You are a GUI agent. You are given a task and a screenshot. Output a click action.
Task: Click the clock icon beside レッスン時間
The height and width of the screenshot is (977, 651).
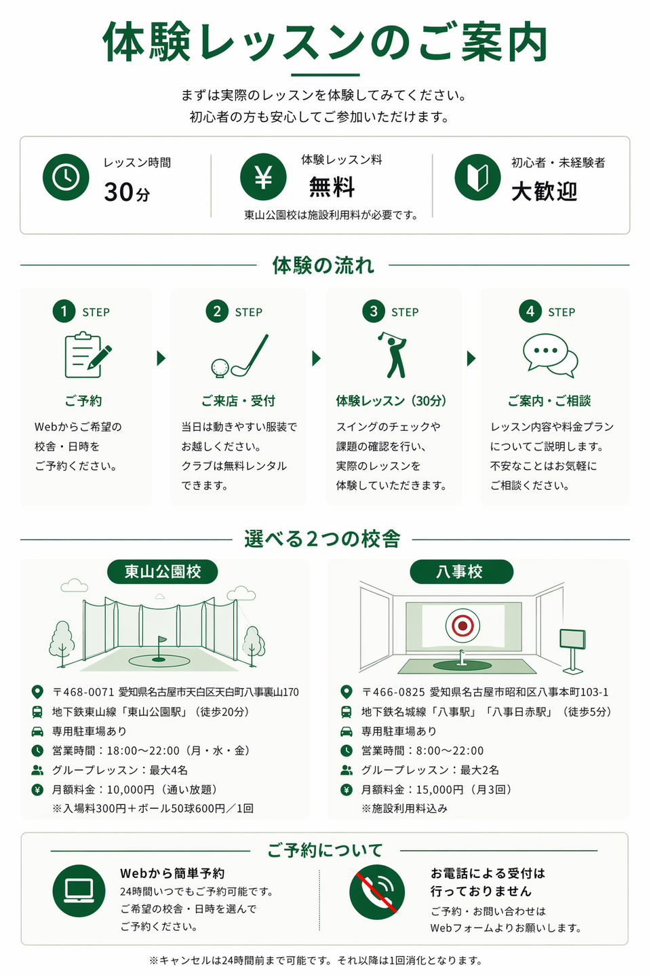point(66,177)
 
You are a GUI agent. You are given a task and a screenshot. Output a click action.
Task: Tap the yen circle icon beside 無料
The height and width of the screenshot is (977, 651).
point(263,177)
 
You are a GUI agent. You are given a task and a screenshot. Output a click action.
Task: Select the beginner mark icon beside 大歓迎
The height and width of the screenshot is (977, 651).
point(477,178)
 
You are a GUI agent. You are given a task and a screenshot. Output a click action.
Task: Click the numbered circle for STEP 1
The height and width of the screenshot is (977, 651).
point(64,311)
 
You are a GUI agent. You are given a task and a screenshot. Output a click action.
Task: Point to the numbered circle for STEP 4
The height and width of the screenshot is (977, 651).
point(530,311)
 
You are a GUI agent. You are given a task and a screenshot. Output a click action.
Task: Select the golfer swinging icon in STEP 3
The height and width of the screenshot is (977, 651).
point(394,354)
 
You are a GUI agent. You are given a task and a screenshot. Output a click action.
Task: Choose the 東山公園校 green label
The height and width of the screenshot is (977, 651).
point(163,572)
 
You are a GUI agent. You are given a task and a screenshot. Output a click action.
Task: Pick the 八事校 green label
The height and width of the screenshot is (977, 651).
point(460,572)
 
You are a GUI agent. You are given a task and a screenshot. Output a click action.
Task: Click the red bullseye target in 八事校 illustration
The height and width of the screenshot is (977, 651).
point(462,624)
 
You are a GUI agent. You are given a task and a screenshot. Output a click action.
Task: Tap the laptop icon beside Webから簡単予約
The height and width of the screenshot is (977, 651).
point(79,891)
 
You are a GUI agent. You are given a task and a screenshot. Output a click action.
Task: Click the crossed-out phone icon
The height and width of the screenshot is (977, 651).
point(377,892)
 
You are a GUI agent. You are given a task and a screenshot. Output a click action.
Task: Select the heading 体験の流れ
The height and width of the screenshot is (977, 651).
point(323,265)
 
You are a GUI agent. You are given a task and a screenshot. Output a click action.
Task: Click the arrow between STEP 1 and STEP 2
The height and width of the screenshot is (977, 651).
point(161,358)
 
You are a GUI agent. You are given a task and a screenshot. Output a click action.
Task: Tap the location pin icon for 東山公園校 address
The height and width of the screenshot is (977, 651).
point(37,692)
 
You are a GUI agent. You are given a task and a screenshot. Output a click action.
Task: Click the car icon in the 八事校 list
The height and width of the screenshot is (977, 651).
point(347,731)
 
